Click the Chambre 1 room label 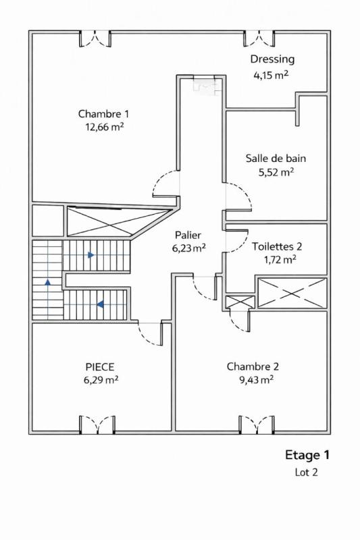[103, 113]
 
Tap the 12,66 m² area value [103, 126]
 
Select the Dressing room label [272, 59]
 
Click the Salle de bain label [276, 159]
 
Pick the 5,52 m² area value [276, 172]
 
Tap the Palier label [188, 235]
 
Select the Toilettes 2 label [277, 246]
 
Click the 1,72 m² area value [277, 259]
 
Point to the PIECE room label [100, 367]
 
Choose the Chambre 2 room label [253, 367]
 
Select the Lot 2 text [306, 473]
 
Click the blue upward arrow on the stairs [47, 282]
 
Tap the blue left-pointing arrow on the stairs [100, 304]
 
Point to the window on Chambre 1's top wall [95, 38]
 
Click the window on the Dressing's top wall [261, 38]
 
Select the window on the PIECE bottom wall [97, 425]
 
